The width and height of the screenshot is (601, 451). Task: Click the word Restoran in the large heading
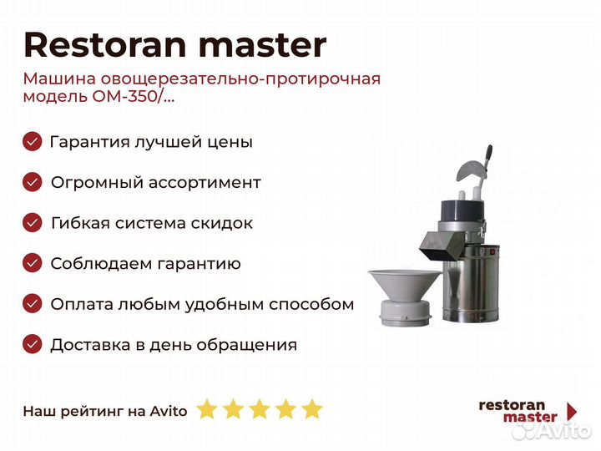(x=105, y=45)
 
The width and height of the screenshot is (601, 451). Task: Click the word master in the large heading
(x=263, y=46)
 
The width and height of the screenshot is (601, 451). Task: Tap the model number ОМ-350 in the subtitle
(x=124, y=96)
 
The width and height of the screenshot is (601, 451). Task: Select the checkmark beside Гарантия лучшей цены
(x=33, y=141)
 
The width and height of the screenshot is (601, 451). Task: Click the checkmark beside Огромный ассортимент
(x=33, y=182)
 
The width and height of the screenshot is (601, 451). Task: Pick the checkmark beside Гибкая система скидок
(x=33, y=223)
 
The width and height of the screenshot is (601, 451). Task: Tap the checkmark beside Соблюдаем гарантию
(x=33, y=263)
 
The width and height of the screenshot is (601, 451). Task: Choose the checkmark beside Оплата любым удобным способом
(x=33, y=304)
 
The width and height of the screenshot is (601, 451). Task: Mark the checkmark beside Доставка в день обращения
(x=33, y=344)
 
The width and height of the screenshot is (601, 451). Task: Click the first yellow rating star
(x=207, y=409)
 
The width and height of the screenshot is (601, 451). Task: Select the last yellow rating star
(x=312, y=409)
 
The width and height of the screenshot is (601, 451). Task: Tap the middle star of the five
(x=260, y=409)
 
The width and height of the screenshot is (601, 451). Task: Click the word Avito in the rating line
(x=169, y=411)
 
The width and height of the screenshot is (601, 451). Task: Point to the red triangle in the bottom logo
(x=573, y=411)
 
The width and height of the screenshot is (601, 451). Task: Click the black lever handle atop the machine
(x=488, y=156)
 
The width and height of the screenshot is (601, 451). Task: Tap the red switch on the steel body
(x=493, y=251)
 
